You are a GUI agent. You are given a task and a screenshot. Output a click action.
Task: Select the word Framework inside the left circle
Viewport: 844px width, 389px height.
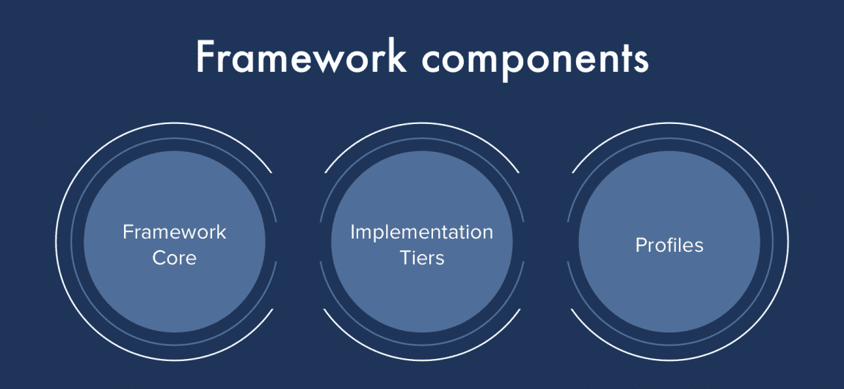point(174,233)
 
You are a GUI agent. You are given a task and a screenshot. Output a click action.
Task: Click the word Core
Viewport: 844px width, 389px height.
point(174,258)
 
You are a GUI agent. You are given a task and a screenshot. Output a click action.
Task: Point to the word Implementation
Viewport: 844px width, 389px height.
point(421,233)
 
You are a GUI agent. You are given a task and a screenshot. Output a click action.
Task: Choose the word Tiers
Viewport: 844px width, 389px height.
point(422,258)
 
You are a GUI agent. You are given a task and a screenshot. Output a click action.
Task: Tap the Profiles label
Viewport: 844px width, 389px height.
point(669,245)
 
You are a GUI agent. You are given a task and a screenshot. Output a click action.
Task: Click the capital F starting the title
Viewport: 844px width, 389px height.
point(206,57)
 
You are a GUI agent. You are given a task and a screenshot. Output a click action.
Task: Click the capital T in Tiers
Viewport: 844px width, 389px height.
point(406,258)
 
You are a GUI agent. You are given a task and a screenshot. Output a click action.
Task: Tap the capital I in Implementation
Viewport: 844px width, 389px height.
point(353,233)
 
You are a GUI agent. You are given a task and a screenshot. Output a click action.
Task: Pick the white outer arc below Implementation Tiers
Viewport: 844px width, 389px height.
point(421,364)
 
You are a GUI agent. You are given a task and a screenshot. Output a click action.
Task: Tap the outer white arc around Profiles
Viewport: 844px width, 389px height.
point(787,242)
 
